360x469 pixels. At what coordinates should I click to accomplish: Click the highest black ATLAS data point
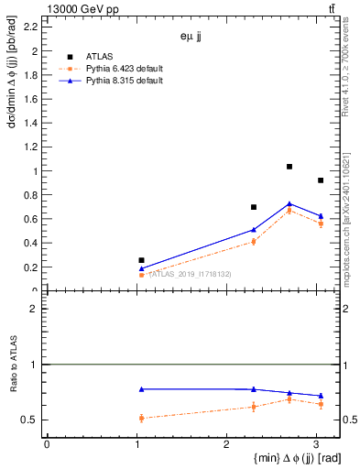point(289,167)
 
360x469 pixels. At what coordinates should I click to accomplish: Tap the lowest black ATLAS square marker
point(141,260)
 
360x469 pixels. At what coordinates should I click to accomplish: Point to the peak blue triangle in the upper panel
point(289,203)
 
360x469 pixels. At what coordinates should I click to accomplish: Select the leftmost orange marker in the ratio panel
point(141,418)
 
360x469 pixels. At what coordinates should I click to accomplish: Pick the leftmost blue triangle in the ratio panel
point(141,389)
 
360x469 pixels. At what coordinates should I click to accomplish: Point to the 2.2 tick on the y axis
point(33,27)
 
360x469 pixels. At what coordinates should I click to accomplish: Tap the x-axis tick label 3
point(316,444)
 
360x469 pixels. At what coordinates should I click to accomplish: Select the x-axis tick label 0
point(47,444)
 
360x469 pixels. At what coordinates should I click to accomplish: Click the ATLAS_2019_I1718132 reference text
point(190,274)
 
